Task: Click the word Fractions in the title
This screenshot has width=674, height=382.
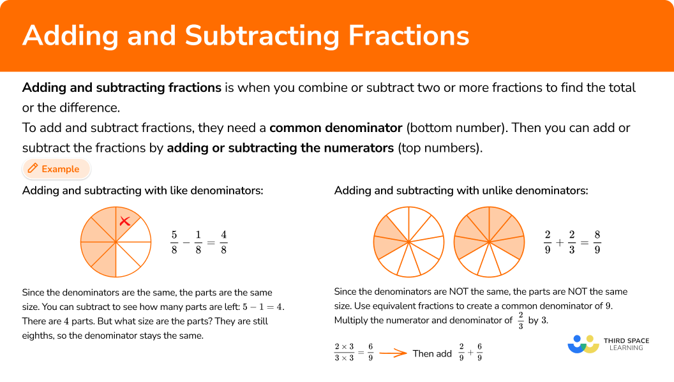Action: pos(408,35)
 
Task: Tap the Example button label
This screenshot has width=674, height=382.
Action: pos(60,169)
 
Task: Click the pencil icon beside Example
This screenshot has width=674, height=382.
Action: pos(33,168)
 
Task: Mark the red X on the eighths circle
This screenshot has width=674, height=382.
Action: pos(124,221)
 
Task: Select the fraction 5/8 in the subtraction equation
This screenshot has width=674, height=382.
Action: pos(174,242)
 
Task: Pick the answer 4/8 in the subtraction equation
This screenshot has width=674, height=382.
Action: pos(223,242)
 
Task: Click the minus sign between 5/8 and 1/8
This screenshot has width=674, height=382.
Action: pos(186,242)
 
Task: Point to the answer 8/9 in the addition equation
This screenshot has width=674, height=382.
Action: pos(597,242)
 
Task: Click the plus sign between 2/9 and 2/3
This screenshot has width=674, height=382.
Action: pos(560,243)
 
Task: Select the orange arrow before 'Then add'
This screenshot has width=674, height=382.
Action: pos(393,353)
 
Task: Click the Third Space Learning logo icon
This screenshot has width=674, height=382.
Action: pos(583,344)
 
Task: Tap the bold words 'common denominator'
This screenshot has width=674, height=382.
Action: pos(336,128)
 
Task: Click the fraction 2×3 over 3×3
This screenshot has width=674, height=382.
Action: pos(344,353)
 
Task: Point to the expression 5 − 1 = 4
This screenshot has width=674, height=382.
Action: pos(262,307)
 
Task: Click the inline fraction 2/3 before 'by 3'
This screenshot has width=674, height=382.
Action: pos(521,321)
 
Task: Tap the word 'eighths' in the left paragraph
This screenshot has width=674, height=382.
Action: pos(38,335)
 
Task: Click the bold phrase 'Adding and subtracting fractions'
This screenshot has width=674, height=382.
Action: pos(122,87)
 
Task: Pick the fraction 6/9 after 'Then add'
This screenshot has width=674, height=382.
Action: pos(480,353)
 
